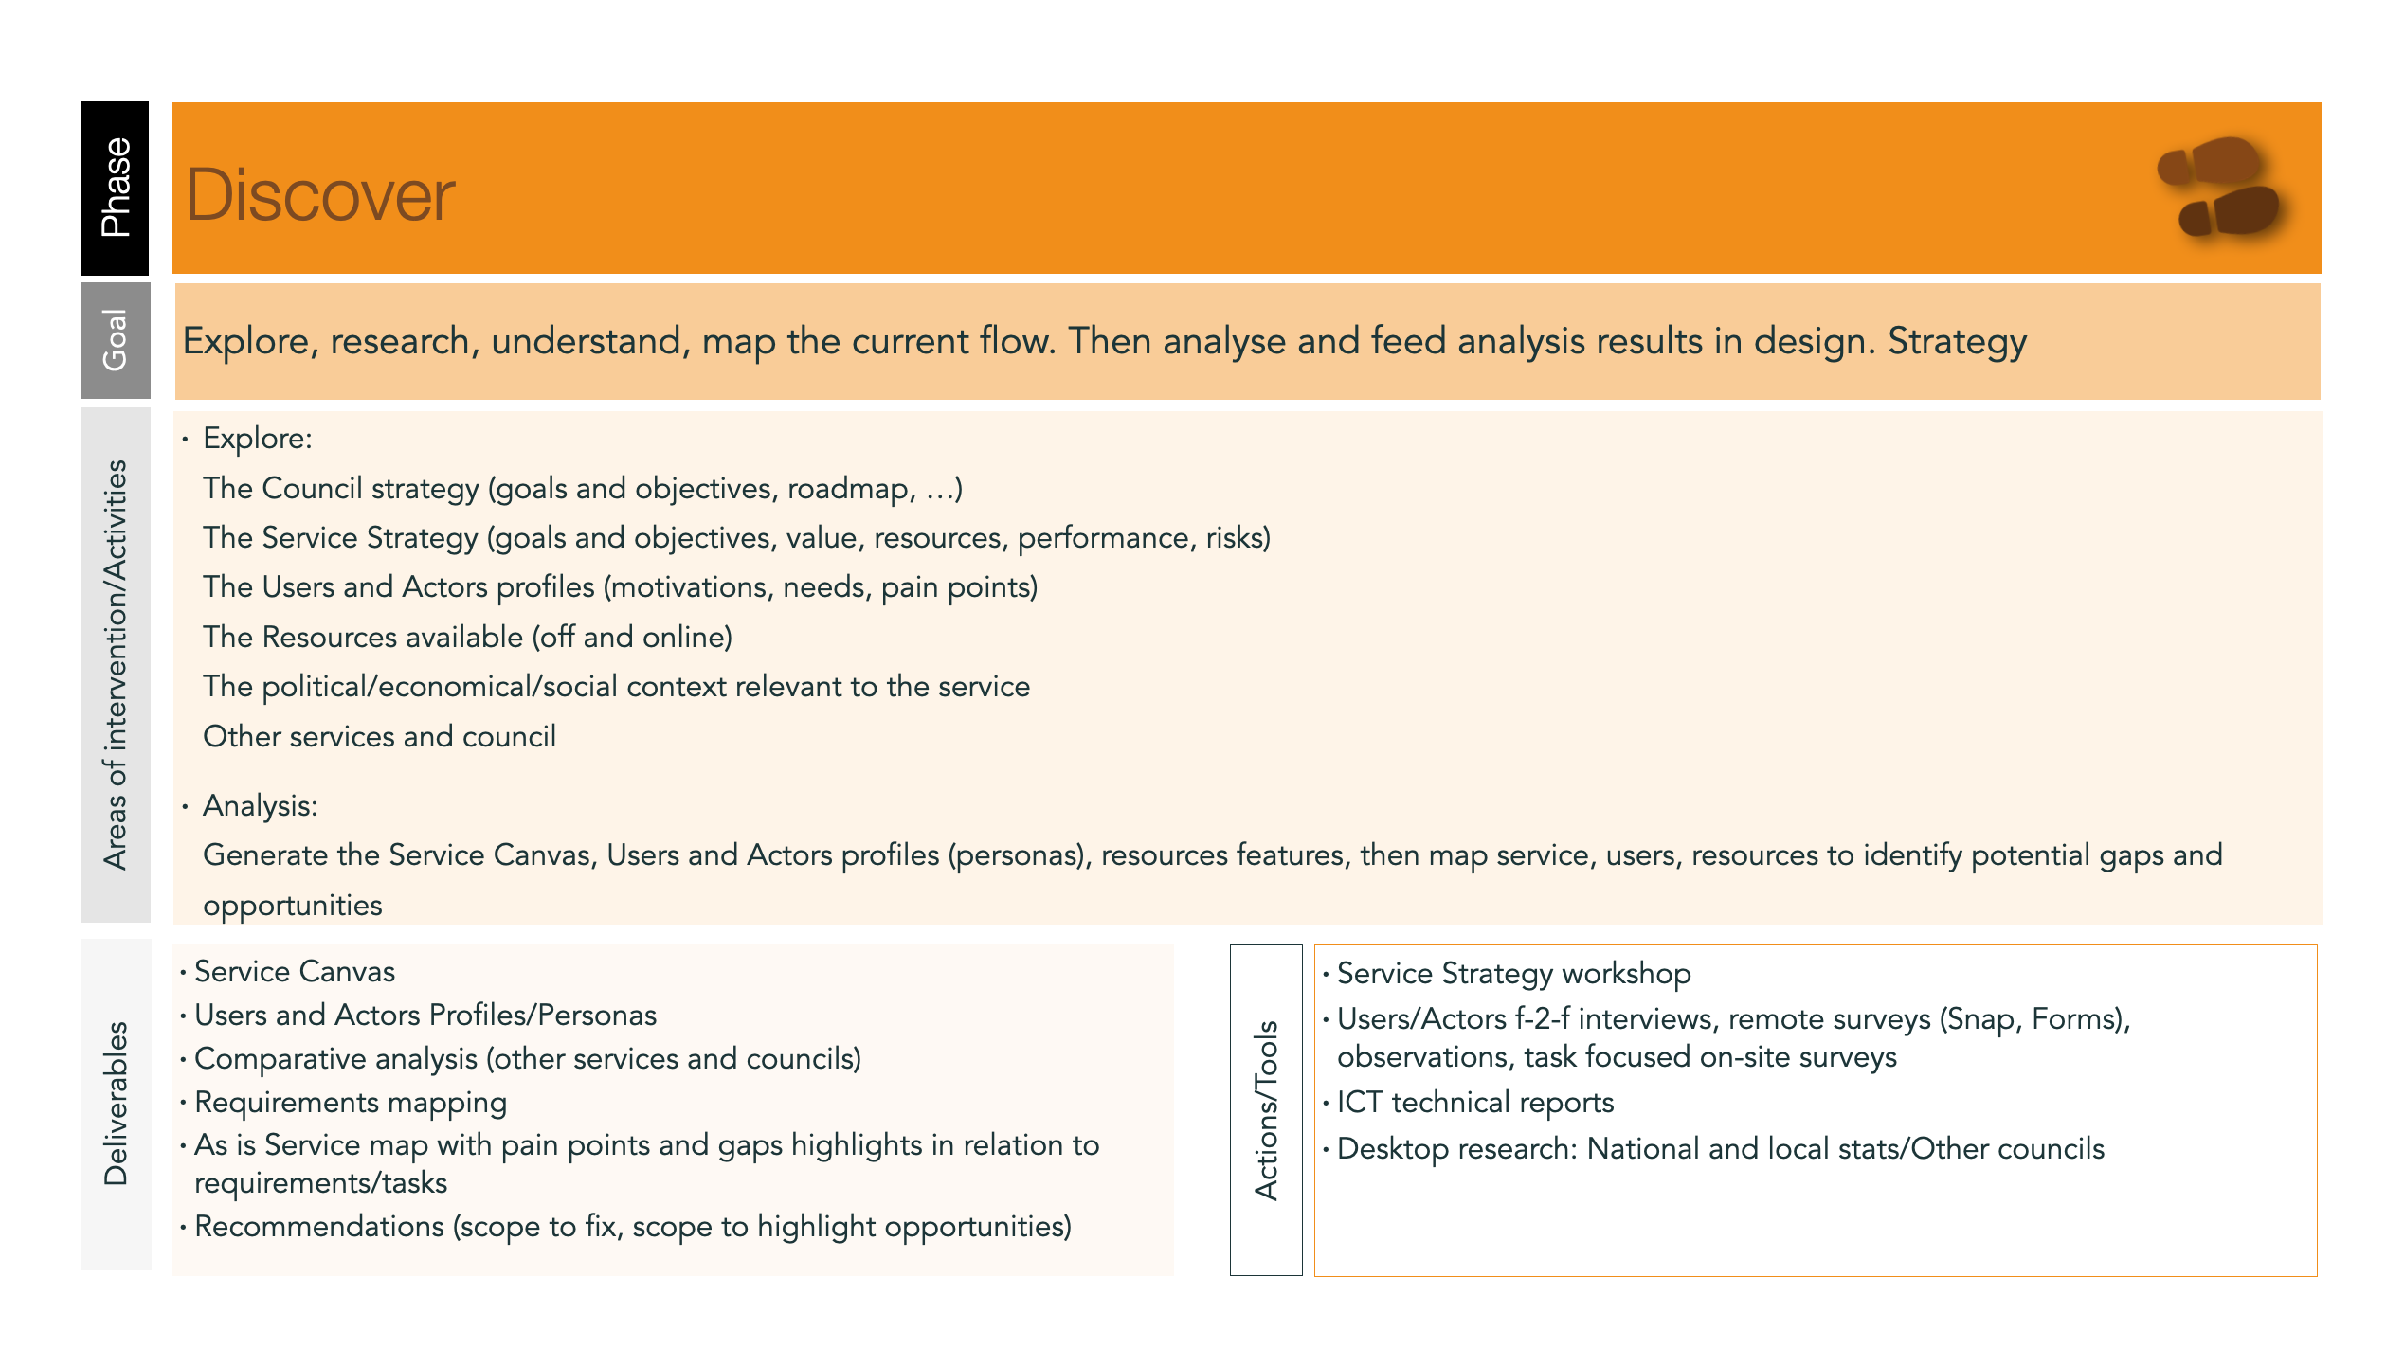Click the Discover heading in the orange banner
tap(320, 195)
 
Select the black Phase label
tap(115, 188)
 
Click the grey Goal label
tap(115, 340)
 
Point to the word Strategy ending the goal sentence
tap(1957, 341)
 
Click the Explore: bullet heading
tap(257, 439)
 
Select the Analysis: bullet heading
tap(260, 805)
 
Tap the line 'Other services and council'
tap(379, 736)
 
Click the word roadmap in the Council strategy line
tap(848, 488)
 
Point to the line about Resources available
tap(467, 637)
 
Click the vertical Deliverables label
tap(116, 1104)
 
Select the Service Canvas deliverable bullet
tap(294, 971)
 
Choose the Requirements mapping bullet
tap(351, 1102)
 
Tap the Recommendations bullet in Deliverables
tap(632, 1226)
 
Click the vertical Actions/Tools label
tap(1266, 1110)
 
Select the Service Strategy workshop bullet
tap(1513, 973)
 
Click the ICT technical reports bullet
tap(1474, 1102)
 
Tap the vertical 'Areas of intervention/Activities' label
tap(116, 665)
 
